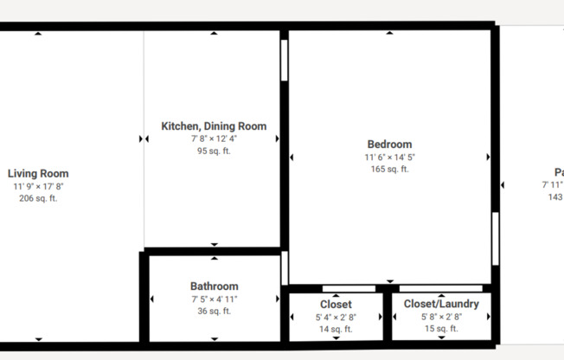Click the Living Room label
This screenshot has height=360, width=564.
coord(38,173)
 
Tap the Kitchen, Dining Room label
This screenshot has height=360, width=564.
coord(214,126)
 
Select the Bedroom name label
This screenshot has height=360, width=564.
coord(389,145)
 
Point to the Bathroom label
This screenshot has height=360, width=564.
coord(214,286)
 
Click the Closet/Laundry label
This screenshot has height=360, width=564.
coord(441,305)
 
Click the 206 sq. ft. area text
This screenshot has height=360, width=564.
coord(38,198)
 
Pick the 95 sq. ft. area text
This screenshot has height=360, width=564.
coord(214,151)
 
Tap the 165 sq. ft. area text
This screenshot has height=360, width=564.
coord(389,169)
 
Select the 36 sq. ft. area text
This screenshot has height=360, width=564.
coord(214,311)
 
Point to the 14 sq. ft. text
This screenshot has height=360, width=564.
coord(336,329)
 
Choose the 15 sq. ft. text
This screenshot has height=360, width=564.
coord(441,329)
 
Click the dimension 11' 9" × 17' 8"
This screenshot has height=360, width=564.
coord(38,186)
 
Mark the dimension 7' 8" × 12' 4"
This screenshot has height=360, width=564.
coord(214,138)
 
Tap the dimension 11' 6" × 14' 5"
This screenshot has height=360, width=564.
coord(389,157)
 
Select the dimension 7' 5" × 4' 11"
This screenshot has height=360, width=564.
coord(214,299)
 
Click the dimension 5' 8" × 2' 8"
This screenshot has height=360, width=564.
coord(441,317)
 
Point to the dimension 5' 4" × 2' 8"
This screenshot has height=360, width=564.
coord(336,317)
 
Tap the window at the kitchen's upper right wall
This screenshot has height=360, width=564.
coord(284,60)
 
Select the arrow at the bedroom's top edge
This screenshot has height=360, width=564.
coord(389,33)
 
